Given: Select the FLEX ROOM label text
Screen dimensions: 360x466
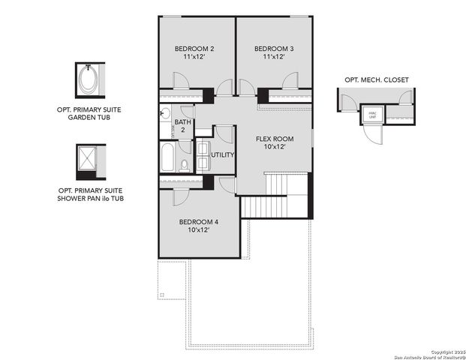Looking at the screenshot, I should click(x=275, y=139).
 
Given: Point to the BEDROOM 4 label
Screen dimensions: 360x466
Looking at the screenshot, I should click(x=199, y=222).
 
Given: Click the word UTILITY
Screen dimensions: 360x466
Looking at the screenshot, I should click(x=223, y=155).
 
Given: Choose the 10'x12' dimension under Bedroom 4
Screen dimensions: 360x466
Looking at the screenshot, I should click(x=199, y=230).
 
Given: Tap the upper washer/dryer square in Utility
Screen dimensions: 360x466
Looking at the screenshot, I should click(x=203, y=148).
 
